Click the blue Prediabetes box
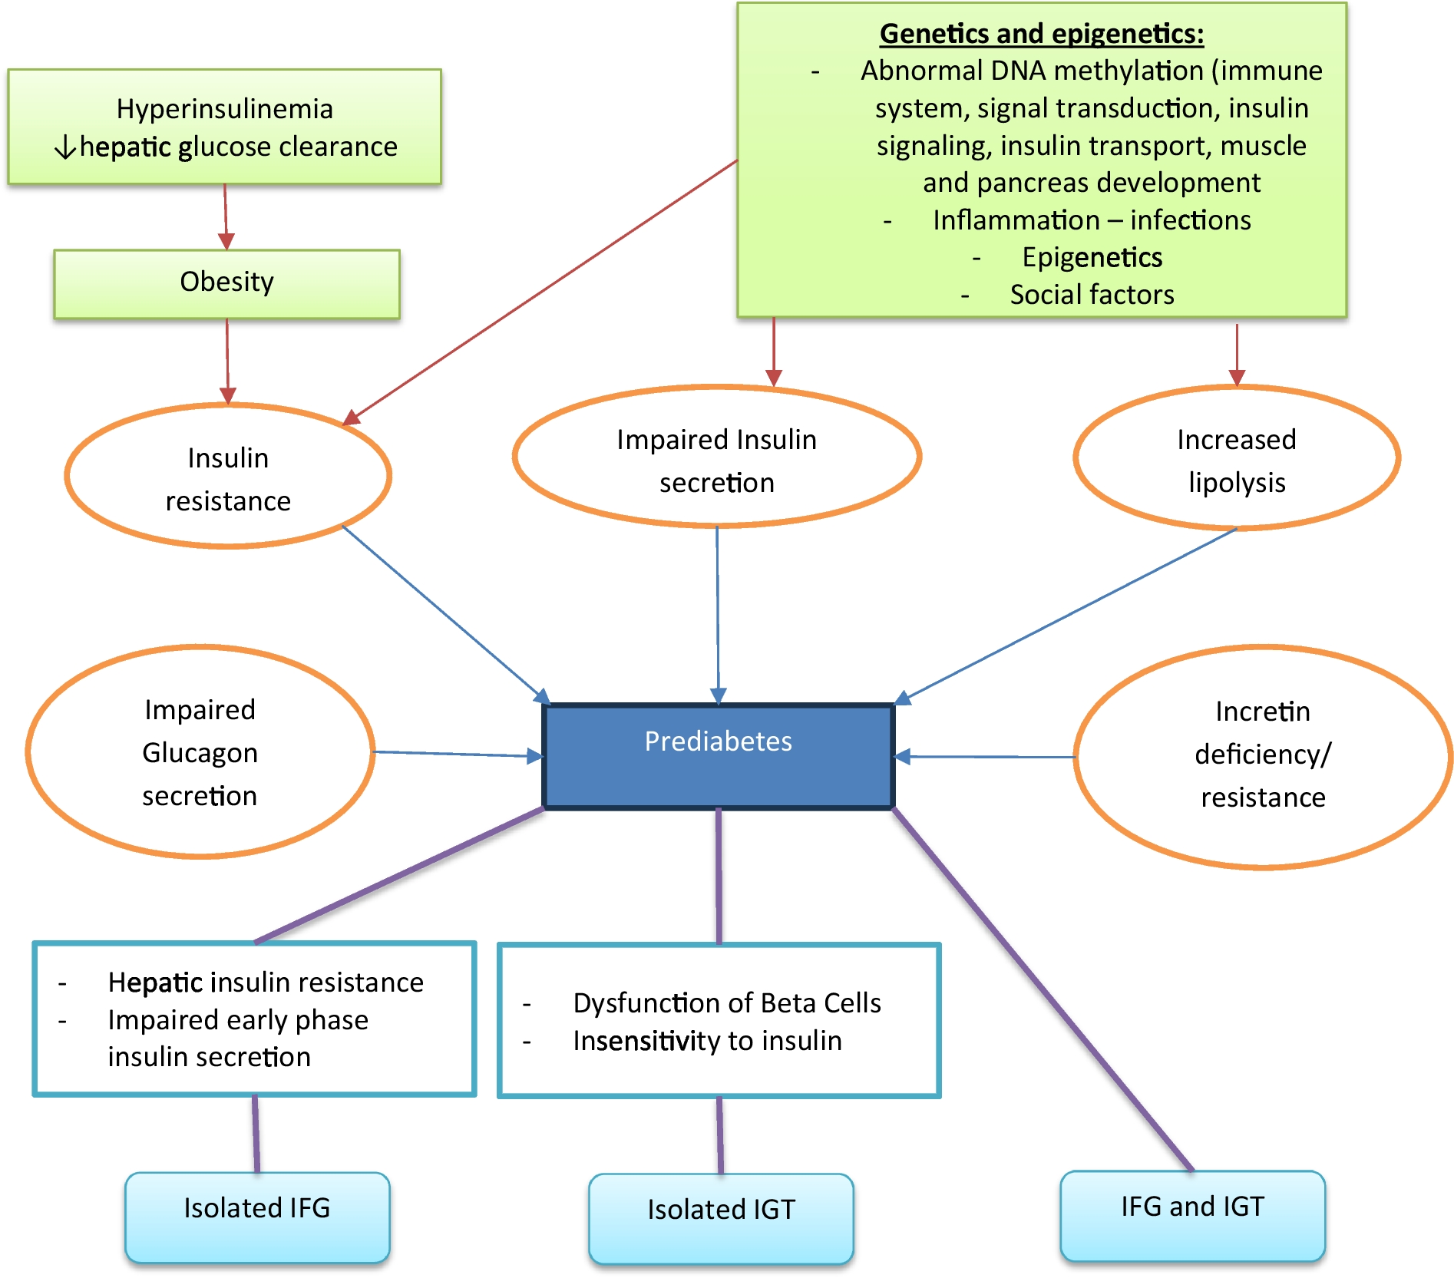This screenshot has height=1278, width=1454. tap(718, 756)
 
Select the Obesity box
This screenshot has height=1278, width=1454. tap(226, 283)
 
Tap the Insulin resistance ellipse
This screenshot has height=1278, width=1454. tap(228, 477)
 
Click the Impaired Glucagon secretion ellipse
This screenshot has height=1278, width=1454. tap(200, 752)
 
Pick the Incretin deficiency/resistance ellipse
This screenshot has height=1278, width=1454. tap(1262, 755)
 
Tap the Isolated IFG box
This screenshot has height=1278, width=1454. tap(257, 1216)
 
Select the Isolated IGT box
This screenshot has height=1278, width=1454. tap(721, 1217)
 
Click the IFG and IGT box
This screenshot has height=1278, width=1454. tap(1192, 1214)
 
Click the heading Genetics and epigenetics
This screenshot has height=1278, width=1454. tap(1041, 34)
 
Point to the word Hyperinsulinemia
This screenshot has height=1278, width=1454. tap(224, 109)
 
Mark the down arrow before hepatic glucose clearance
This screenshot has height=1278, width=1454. tap(66, 146)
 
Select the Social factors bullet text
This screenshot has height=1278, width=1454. tap(1092, 295)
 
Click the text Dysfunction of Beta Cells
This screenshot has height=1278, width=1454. tap(726, 1003)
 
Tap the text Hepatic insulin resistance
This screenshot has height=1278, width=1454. tap(265, 982)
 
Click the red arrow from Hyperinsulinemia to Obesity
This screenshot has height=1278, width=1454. tap(226, 216)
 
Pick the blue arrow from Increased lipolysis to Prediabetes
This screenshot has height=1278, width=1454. tap(1067, 614)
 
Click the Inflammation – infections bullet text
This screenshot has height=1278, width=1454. tap(1092, 220)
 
